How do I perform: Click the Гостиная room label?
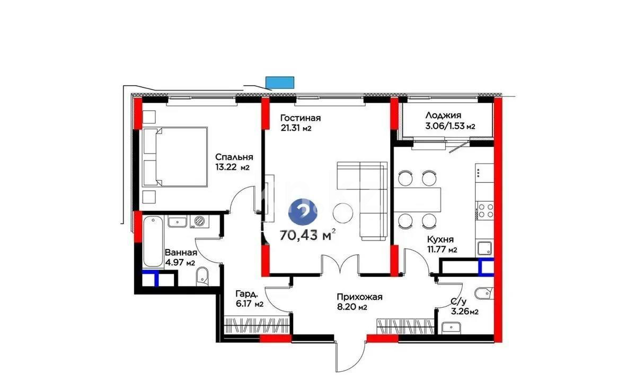click(301, 118)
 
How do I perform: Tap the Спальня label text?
click(234, 157)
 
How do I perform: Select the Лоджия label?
click(443, 115)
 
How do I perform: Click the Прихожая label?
click(359, 297)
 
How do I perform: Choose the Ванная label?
click(180, 253)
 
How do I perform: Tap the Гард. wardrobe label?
click(247, 294)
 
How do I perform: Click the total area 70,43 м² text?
click(307, 235)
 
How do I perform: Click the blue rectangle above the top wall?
click(279, 82)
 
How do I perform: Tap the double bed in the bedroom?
click(174, 157)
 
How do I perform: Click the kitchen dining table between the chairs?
click(418, 199)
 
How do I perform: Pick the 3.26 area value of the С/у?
click(460, 312)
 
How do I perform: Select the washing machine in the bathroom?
click(199, 221)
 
